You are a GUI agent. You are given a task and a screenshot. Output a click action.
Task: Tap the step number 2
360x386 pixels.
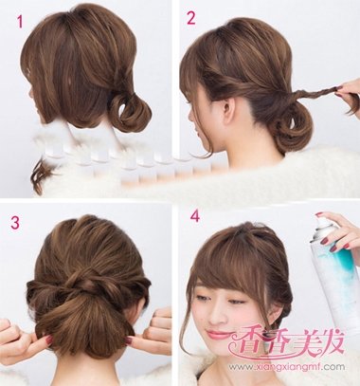point(192,17)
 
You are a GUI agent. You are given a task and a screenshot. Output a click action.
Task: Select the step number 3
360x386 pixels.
point(15,223)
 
